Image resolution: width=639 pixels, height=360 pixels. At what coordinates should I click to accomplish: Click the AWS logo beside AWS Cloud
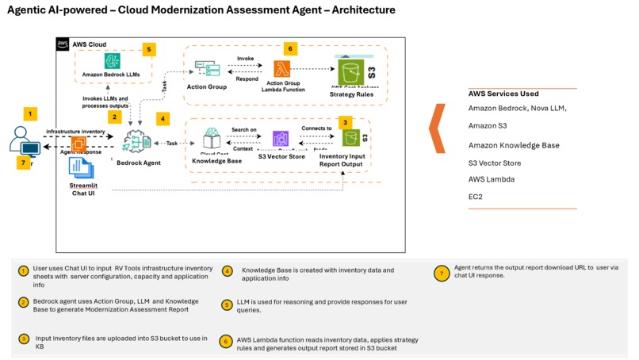point(63,44)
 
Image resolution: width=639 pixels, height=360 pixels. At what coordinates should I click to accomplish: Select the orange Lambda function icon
point(282,69)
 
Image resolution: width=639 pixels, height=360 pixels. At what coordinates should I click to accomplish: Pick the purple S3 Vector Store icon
point(280,140)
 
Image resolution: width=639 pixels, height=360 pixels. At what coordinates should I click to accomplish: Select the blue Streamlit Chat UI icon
point(77,167)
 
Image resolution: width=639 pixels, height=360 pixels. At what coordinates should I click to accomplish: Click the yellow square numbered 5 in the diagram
point(148,48)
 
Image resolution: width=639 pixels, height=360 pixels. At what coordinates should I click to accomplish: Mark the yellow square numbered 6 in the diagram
point(290,48)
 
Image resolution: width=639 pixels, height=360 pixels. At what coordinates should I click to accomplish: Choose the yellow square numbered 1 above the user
point(30,113)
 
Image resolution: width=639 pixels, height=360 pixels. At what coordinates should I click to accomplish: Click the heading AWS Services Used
point(503,94)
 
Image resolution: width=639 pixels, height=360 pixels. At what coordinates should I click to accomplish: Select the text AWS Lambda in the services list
point(492,179)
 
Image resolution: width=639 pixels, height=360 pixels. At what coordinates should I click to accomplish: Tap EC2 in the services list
point(476,196)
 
